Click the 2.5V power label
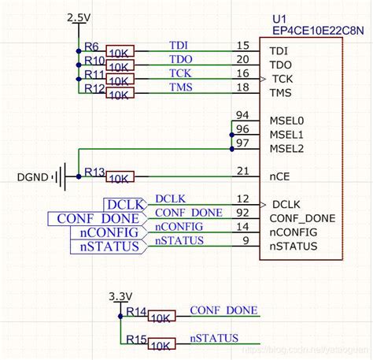click(x=79, y=17)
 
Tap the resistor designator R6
click(x=92, y=47)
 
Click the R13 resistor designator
click(x=94, y=173)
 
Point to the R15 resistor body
click(x=162, y=345)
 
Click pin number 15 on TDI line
click(x=242, y=46)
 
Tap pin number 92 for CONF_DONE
click(x=242, y=213)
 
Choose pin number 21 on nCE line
click(x=242, y=171)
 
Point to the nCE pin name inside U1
click(x=280, y=176)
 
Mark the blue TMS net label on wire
click(x=180, y=87)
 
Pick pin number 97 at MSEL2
click(x=242, y=143)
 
